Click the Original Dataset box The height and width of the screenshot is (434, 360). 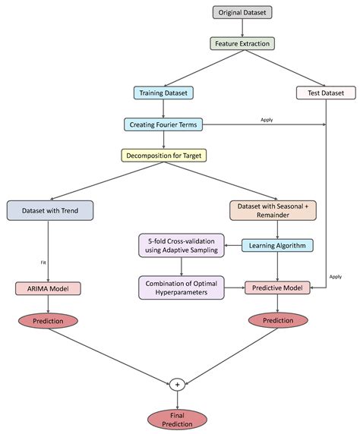click(x=242, y=13)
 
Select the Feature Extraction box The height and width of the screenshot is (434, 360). click(x=242, y=43)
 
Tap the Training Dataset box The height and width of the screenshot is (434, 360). click(x=164, y=93)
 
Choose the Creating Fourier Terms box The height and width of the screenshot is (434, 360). click(x=164, y=124)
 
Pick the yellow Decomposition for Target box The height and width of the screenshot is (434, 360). click(x=164, y=155)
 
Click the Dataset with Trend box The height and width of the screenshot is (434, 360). click(x=49, y=210)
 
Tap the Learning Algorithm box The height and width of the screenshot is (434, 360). click(x=277, y=245)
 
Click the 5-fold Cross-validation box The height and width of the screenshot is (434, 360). click(x=182, y=245)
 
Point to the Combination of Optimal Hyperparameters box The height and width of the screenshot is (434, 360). click(x=182, y=288)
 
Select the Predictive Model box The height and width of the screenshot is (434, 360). click(x=277, y=288)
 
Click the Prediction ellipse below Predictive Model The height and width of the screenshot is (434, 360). click(x=277, y=320)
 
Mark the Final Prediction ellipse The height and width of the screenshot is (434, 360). click(x=176, y=419)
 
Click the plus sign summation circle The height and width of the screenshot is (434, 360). click(x=176, y=385)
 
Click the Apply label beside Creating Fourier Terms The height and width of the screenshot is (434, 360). click(x=267, y=119)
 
